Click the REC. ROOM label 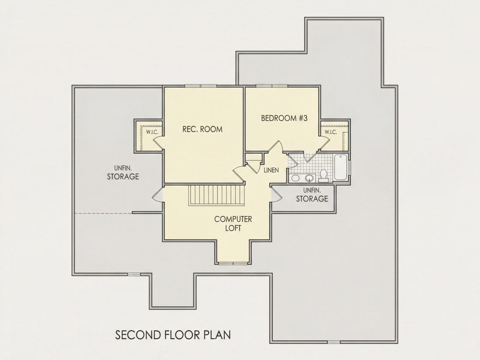coord(202,129)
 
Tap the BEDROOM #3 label coord(284,118)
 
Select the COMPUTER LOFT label coord(233,223)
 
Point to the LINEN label coord(271,170)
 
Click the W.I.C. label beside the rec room coord(152,132)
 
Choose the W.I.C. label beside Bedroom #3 coord(331,132)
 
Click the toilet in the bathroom coord(323,175)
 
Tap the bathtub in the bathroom coord(340,167)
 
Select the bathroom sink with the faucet coord(310,178)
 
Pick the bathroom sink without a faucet coord(295,178)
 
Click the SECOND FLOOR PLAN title coord(173,335)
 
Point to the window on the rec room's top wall coord(201,86)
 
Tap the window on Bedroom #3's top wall coord(272,86)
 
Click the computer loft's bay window coord(233,263)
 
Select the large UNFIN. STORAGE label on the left coord(123,173)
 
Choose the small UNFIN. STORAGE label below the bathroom coord(312,195)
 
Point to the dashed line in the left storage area coord(103,213)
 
